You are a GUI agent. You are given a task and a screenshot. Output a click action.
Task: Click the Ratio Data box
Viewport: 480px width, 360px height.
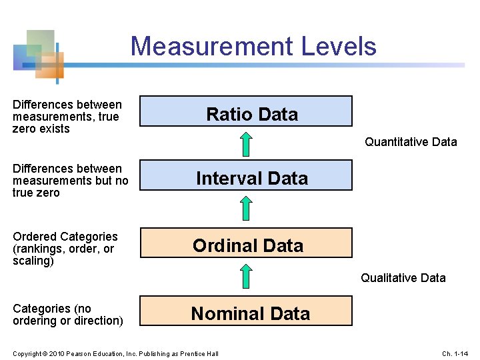tap(245, 111)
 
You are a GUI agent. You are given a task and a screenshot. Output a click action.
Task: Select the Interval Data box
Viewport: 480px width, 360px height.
tap(245, 175)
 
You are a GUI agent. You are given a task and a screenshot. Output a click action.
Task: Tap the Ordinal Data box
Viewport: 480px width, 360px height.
tap(245, 243)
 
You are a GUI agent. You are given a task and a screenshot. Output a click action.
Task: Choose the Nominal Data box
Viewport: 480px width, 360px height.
tap(245, 311)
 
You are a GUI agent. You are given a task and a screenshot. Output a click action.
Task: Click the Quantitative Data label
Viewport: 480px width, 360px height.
tap(411, 141)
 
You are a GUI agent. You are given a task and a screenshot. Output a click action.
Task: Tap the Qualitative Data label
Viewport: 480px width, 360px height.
tap(403, 278)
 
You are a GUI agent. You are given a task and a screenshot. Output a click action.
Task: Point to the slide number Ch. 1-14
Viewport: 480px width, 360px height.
tap(456, 353)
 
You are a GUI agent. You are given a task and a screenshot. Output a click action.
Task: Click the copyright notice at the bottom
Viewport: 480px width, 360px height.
tap(115, 353)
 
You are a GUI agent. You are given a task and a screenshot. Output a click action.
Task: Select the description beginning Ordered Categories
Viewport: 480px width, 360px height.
tap(65, 249)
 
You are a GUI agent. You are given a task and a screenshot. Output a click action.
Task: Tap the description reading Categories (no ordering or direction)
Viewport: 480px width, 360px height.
tap(67, 315)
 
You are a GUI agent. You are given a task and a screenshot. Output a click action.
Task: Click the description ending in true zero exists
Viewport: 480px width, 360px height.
tap(67, 117)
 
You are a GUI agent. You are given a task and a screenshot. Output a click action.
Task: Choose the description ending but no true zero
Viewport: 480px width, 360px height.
tap(70, 181)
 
